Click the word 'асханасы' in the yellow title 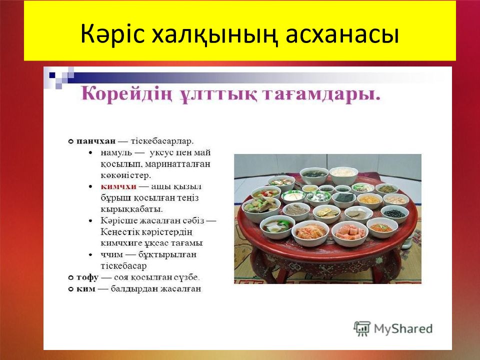(x=342, y=34)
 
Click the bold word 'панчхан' (x=96, y=141)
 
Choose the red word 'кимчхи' (x=118, y=186)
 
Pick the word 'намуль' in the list (x=116, y=153)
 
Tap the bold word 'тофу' (x=87, y=277)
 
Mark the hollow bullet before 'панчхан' (x=70, y=141)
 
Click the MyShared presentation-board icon (x=362, y=328)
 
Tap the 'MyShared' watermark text (x=403, y=329)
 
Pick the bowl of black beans (x=394, y=213)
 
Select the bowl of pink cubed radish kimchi (x=350, y=232)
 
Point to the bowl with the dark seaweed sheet (x=343, y=199)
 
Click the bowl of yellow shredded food (x=369, y=200)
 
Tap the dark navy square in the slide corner (x=52, y=75)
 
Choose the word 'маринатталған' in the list (x=177, y=164)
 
